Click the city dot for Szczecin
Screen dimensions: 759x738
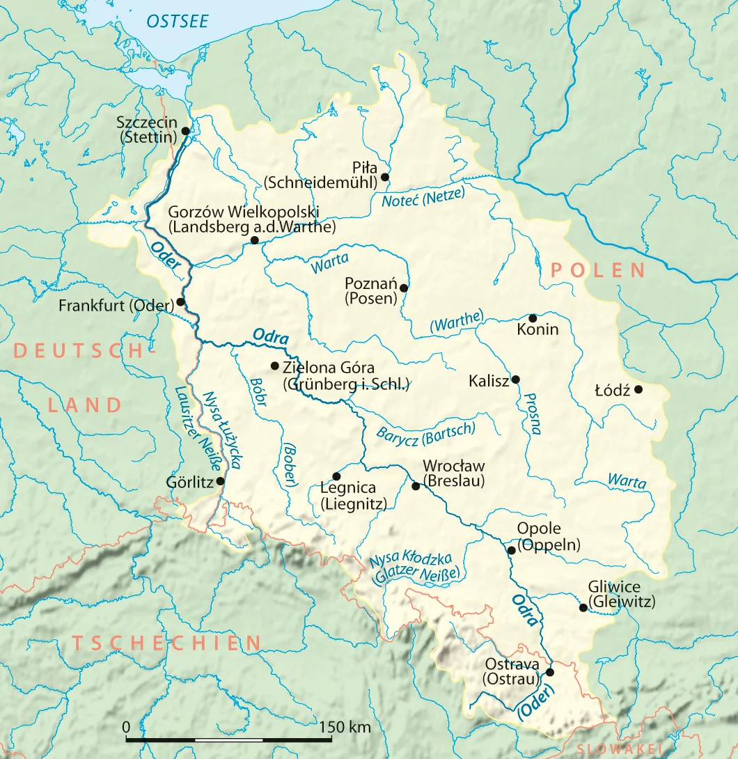click(x=185, y=130)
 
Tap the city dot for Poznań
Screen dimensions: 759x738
click(x=403, y=287)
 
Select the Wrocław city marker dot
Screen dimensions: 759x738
click(x=416, y=486)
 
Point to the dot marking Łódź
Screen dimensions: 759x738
click(x=638, y=389)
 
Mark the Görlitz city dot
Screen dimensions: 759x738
click(x=221, y=481)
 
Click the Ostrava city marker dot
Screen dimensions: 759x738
click(x=550, y=672)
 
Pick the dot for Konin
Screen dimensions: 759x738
click(x=533, y=318)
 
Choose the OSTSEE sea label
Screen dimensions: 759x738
click(x=177, y=22)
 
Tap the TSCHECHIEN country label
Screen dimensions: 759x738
click(x=167, y=642)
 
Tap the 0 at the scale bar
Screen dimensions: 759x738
click(x=126, y=727)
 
